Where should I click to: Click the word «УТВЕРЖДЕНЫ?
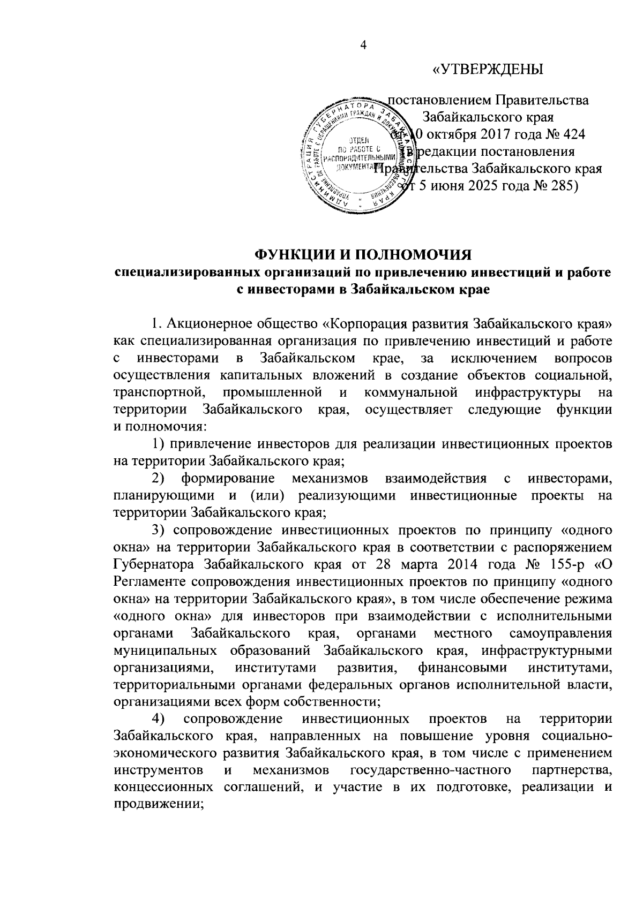(488, 70)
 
